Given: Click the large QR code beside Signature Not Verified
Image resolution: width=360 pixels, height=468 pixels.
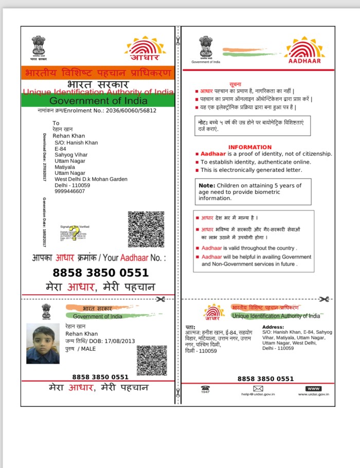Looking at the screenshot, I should (x=146, y=229).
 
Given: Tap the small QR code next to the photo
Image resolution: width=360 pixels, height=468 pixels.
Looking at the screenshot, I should (x=152, y=360).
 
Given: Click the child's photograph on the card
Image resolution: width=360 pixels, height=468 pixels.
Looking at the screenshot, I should (x=43, y=344).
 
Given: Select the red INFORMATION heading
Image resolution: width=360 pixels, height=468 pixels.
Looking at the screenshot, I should (x=250, y=147).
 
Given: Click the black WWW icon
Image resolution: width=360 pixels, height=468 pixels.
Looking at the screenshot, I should (x=313, y=388).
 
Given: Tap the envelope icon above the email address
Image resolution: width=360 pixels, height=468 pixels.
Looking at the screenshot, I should (x=258, y=388).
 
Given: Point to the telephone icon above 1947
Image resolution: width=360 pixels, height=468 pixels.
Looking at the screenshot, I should (x=205, y=388).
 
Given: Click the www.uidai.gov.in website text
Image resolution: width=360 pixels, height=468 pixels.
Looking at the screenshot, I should (x=313, y=394).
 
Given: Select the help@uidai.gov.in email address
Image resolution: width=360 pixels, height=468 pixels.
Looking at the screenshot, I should (x=258, y=394).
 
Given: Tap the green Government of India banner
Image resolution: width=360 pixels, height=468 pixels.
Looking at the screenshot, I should (x=98, y=101).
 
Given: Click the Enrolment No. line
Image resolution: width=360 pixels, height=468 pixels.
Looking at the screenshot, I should (x=97, y=111).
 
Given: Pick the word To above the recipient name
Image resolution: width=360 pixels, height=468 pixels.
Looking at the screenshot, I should (x=56, y=123).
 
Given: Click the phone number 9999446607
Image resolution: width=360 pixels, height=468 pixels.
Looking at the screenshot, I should (x=70, y=191).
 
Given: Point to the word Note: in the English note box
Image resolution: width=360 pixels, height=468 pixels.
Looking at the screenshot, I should (x=207, y=185).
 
